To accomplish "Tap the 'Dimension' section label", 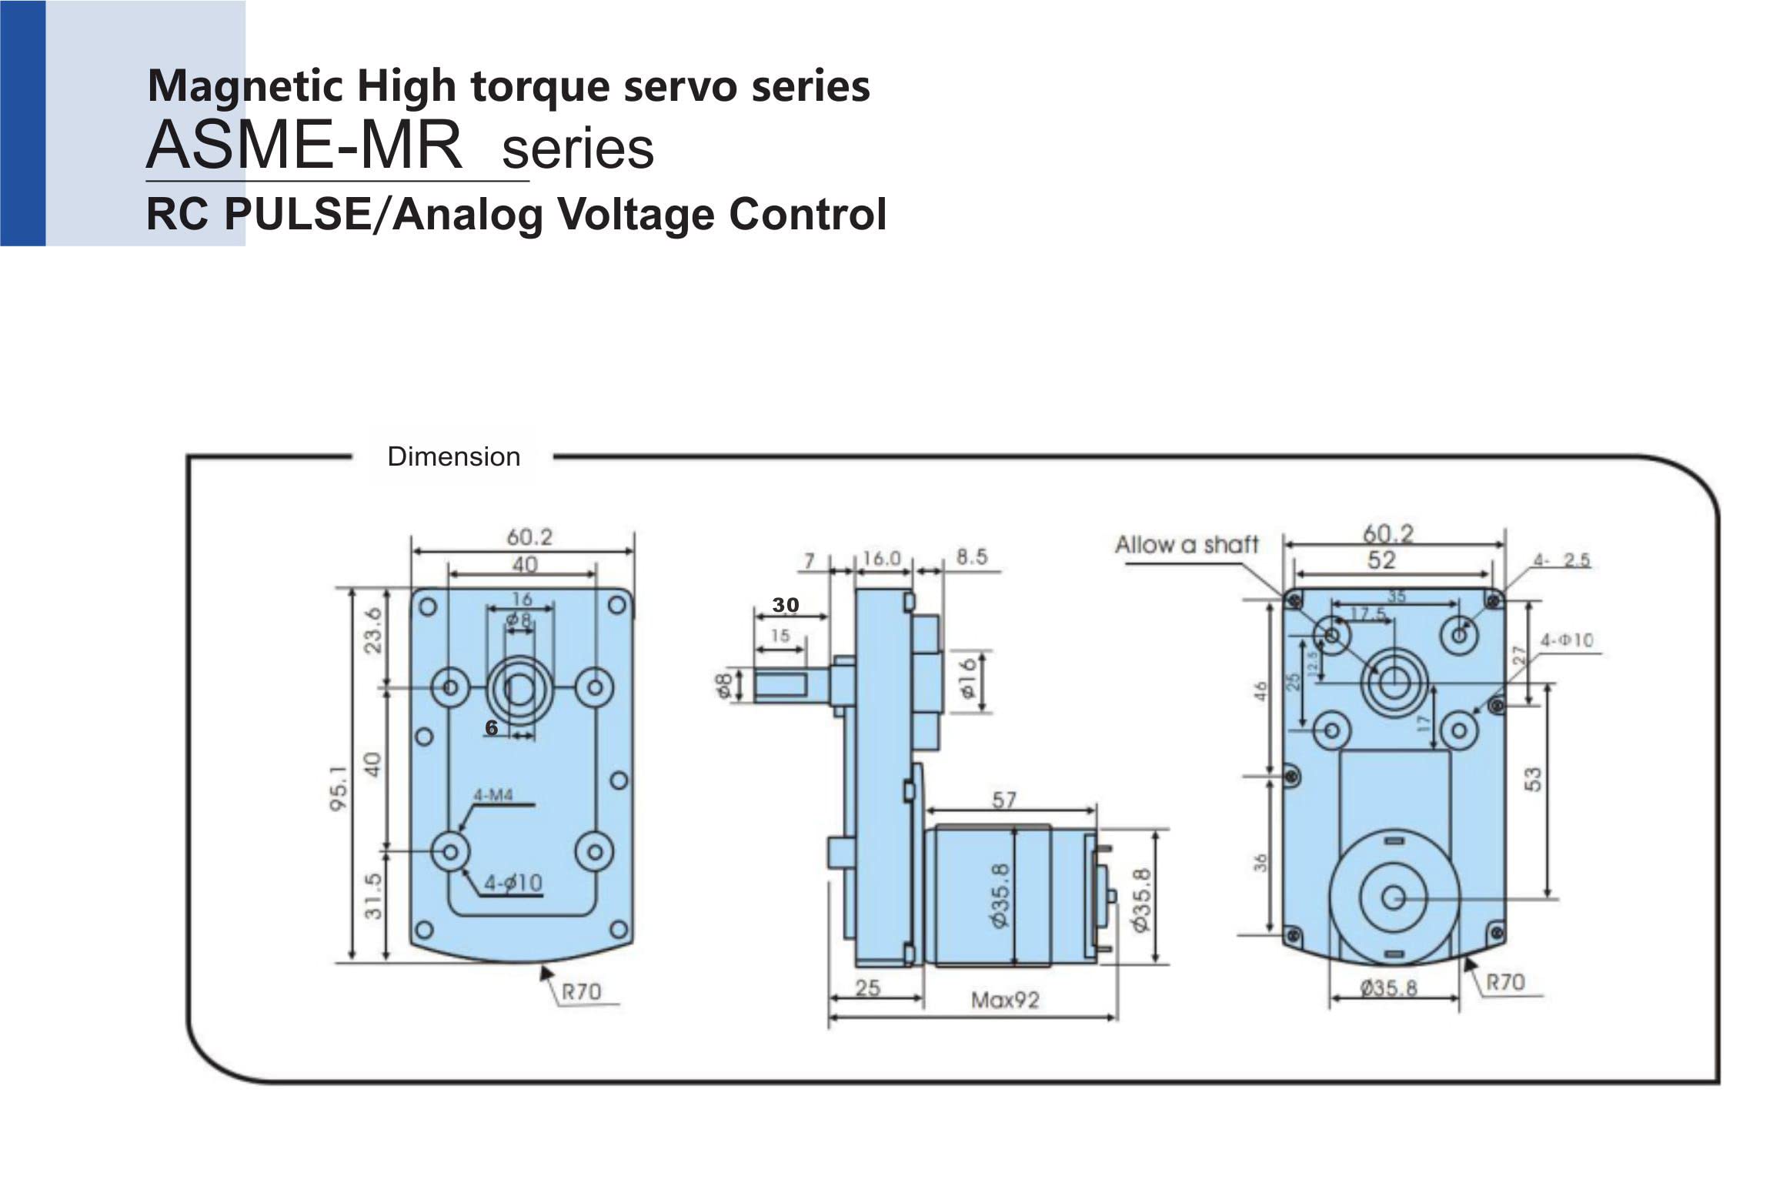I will [453, 456].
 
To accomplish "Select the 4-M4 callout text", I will [492, 795].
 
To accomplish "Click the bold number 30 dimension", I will [786, 605].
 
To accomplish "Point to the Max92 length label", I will [1004, 1001].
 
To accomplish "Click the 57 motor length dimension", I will [1004, 800].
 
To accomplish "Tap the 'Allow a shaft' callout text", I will [1186, 545].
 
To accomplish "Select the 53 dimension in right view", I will [1533, 779].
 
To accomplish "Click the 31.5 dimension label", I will [373, 895].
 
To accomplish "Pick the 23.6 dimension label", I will [372, 630].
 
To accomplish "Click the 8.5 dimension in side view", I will [971, 557].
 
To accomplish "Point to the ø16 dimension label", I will [968, 677].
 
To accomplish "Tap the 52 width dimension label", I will [1381, 560].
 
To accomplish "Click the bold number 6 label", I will [491, 728].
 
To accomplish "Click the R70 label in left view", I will [581, 991].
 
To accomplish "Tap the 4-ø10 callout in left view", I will [513, 883].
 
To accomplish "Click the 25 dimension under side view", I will [867, 987].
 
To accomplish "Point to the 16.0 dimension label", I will [882, 558].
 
